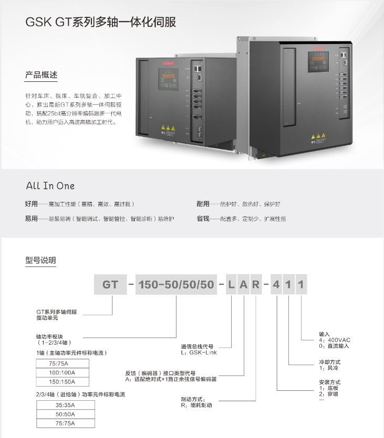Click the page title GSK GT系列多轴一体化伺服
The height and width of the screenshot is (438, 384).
pyautogui.click(x=100, y=22)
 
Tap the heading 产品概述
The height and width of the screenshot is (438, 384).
pyautogui.click(x=41, y=75)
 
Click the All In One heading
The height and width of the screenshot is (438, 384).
pyautogui.click(x=50, y=186)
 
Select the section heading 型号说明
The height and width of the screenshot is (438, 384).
pyautogui.click(x=40, y=260)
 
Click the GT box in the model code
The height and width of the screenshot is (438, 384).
pyautogui.click(x=110, y=285)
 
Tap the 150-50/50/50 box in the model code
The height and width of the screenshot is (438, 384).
pyautogui.click(x=175, y=285)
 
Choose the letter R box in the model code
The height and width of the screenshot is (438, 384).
pyautogui.click(x=255, y=285)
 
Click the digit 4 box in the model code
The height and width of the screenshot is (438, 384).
pyautogui.click(x=276, y=285)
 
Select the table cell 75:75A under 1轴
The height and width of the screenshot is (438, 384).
pyautogui.click(x=63, y=363)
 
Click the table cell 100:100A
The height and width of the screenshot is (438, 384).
pyautogui.click(x=63, y=372)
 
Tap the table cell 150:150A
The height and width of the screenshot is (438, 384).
pyautogui.click(x=63, y=382)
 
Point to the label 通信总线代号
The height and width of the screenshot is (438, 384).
pyautogui.click(x=198, y=347)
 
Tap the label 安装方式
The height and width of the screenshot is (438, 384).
pyautogui.click(x=330, y=382)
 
